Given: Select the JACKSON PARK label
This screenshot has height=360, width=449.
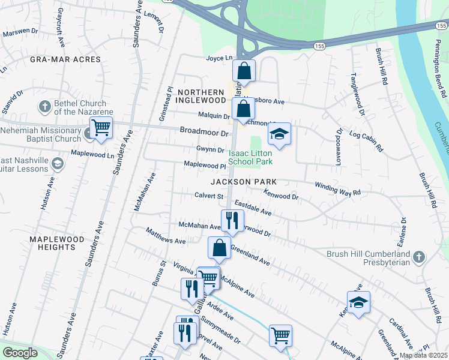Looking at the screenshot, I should pos(243,181).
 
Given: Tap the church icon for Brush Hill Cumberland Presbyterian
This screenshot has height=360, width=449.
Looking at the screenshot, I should pos(419,258).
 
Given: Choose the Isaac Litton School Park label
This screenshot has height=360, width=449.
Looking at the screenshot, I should pos(251,158).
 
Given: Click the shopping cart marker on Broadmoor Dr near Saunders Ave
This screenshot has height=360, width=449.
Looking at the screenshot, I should pos(101,127).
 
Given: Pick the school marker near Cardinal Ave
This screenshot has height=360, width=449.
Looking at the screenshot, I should pos(358,302).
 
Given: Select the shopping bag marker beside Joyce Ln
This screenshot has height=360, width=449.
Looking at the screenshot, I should pos(244,71).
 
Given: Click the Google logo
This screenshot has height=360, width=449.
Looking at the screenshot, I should pos(20,353).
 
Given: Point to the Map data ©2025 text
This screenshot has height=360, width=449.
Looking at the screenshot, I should pos(423,355).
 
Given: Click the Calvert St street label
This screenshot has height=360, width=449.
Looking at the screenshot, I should pos(208,196).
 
